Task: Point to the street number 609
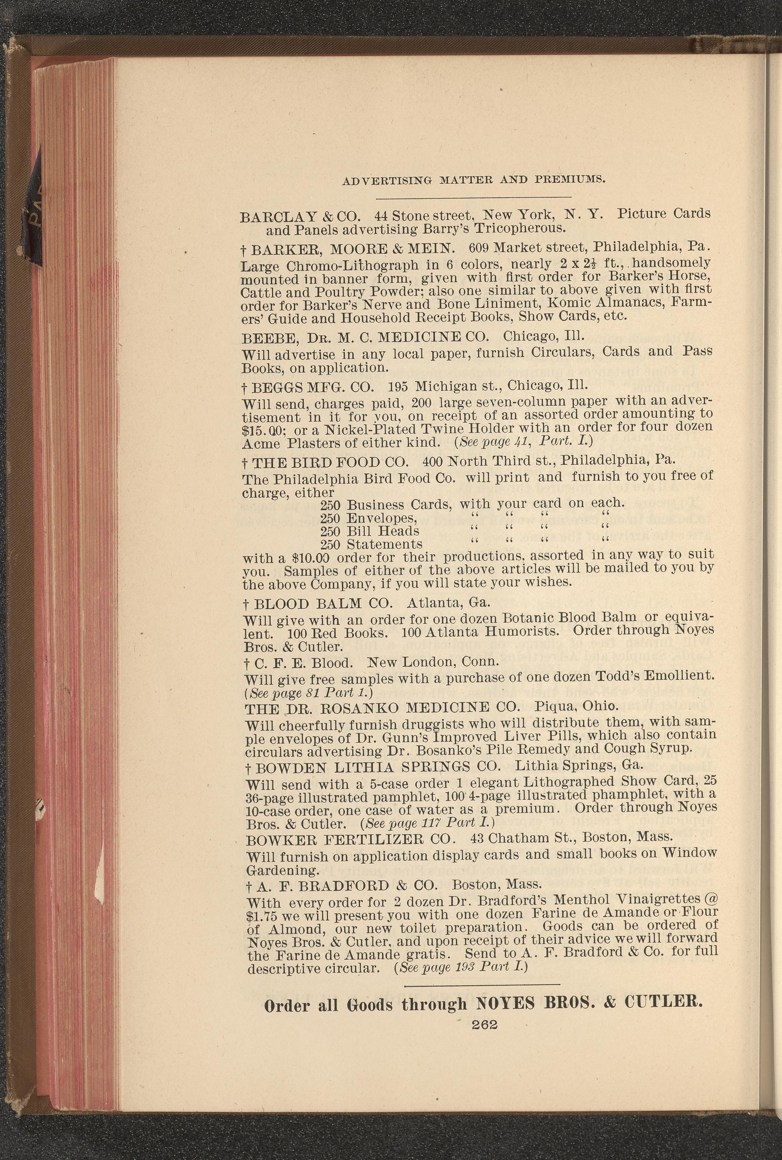pyautogui.click(x=480, y=248)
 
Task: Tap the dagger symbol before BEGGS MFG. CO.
pyautogui.click(x=245, y=387)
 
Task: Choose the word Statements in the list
pyautogui.click(x=384, y=544)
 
